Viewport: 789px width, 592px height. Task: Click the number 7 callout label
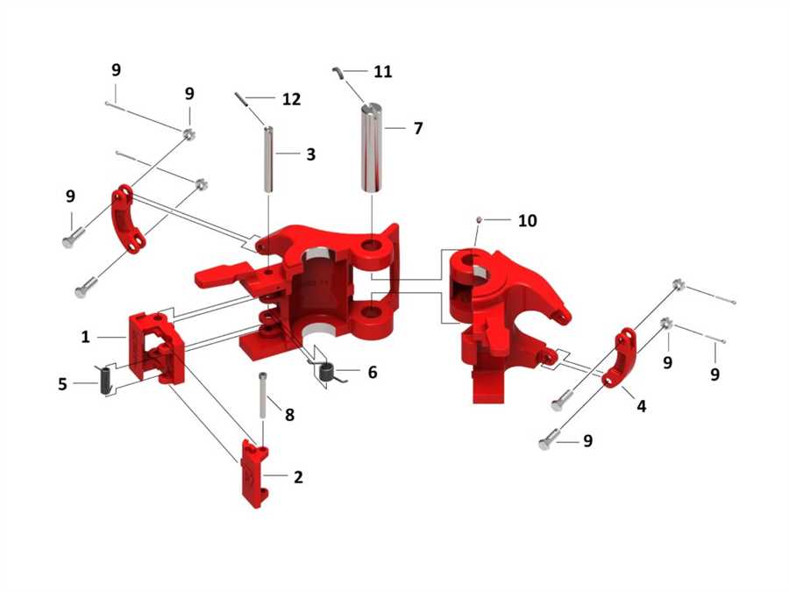pyautogui.click(x=417, y=128)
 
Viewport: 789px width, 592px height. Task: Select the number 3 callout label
pyautogui.click(x=310, y=154)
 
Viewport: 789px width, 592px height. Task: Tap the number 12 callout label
pyautogui.click(x=291, y=100)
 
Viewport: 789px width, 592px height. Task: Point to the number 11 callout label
pyautogui.click(x=382, y=72)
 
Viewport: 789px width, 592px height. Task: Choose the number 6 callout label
pyautogui.click(x=372, y=373)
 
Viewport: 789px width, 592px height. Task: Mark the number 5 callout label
pyautogui.click(x=62, y=383)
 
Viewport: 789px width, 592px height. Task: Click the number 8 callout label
pyautogui.click(x=289, y=414)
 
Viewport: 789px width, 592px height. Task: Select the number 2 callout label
pyautogui.click(x=298, y=477)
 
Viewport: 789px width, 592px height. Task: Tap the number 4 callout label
pyautogui.click(x=642, y=406)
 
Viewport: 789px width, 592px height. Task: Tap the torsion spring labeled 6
pyautogui.click(x=326, y=373)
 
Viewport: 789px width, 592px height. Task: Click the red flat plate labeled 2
pyautogui.click(x=254, y=474)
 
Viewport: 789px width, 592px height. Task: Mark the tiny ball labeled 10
pyautogui.click(x=479, y=220)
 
